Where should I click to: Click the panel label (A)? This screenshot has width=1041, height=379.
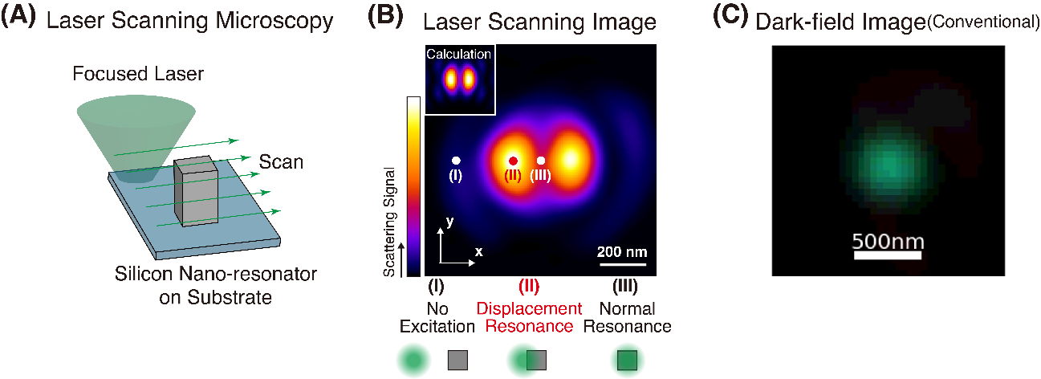[18, 20]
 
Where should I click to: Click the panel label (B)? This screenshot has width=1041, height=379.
[384, 20]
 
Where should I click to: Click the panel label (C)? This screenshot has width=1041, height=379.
[730, 20]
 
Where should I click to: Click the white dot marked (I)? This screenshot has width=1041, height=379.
[456, 161]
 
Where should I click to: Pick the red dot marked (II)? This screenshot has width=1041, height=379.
[513, 161]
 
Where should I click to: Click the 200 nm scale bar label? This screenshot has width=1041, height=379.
[622, 252]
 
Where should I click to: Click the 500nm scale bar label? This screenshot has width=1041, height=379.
[888, 241]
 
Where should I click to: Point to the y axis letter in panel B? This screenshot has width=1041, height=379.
[449, 222]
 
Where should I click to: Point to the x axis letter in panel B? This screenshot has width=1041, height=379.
[479, 251]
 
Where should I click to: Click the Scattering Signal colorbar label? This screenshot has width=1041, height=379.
[389, 222]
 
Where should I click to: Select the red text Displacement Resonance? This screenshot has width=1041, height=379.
[529, 317]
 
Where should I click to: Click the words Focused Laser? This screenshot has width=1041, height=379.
[138, 75]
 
